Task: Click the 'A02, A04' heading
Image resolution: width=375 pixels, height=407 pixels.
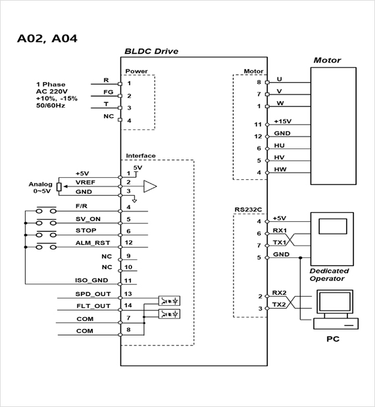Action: (47, 39)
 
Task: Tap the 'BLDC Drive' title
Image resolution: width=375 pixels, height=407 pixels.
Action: (151, 51)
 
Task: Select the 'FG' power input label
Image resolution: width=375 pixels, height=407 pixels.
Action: (108, 92)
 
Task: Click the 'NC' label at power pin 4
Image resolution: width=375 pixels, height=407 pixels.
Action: (109, 116)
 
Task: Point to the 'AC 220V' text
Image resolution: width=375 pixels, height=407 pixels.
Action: (52, 91)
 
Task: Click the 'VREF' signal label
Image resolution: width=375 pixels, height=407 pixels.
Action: (86, 182)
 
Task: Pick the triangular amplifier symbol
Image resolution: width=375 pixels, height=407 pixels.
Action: (150, 186)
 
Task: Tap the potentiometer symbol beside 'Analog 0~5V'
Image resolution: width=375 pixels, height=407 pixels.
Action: (59, 187)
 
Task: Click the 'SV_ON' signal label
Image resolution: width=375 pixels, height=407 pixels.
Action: (88, 219)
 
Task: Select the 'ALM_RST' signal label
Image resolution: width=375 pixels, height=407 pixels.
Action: (93, 243)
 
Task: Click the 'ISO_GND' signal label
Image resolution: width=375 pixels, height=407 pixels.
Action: (91, 280)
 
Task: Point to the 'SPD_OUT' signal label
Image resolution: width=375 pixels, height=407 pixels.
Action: (93, 294)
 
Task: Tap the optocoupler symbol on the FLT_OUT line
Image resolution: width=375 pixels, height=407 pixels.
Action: (169, 314)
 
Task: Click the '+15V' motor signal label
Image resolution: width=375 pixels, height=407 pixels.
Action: (283, 121)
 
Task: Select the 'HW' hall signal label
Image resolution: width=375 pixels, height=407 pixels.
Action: (280, 169)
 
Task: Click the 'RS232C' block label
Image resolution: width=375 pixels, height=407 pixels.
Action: (248, 209)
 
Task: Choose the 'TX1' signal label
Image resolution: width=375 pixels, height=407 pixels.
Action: (280, 242)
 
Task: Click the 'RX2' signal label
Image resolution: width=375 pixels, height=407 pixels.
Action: (279, 293)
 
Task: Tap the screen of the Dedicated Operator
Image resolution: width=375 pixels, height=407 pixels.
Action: (333, 226)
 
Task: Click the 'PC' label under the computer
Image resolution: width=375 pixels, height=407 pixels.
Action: (333, 339)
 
